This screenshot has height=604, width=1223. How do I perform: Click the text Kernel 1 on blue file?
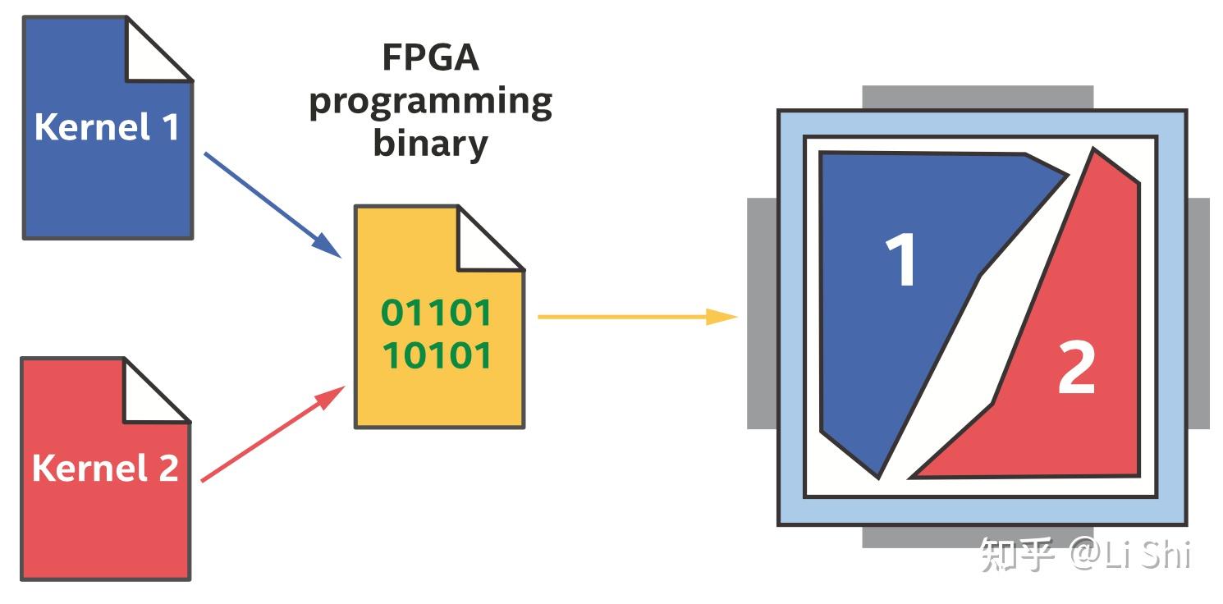point(107,127)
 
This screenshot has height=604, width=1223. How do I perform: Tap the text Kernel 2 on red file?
point(105,469)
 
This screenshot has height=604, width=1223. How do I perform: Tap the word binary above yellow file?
point(430,143)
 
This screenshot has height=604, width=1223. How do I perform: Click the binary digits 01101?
point(437,313)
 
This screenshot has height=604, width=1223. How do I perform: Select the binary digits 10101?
point(437,355)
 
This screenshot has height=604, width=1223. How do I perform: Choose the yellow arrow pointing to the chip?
point(636,316)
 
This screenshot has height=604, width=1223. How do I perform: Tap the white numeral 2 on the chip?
point(1076,368)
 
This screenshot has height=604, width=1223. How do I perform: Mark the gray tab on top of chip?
point(977,97)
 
